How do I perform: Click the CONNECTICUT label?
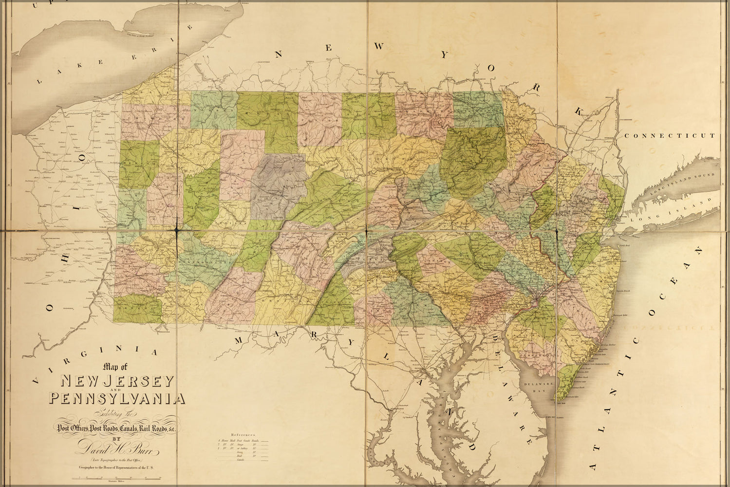pos(670,136)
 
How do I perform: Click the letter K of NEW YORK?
pos(578,111)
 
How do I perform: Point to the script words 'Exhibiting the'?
pos(117,414)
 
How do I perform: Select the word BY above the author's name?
pos(116,438)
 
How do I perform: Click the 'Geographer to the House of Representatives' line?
pos(117,468)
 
